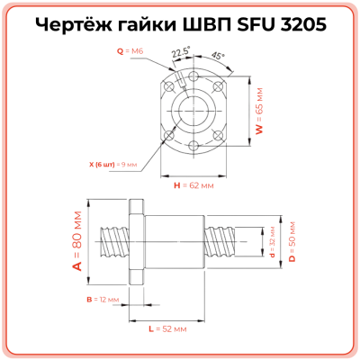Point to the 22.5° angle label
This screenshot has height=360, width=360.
pyautogui.click(x=180, y=53)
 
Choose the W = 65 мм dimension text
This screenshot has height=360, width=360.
pyautogui.click(x=259, y=115)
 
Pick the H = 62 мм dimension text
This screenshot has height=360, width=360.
pyautogui.click(x=193, y=185)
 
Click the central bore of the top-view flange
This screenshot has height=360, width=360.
pyautogui.click(x=193, y=111)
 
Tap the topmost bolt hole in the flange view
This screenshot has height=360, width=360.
pyautogui.click(x=193, y=76)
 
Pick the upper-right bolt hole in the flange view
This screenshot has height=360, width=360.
pyautogui.click(x=219, y=85)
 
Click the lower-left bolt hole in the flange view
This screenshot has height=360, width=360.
pyautogui.click(x=168, y=136)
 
